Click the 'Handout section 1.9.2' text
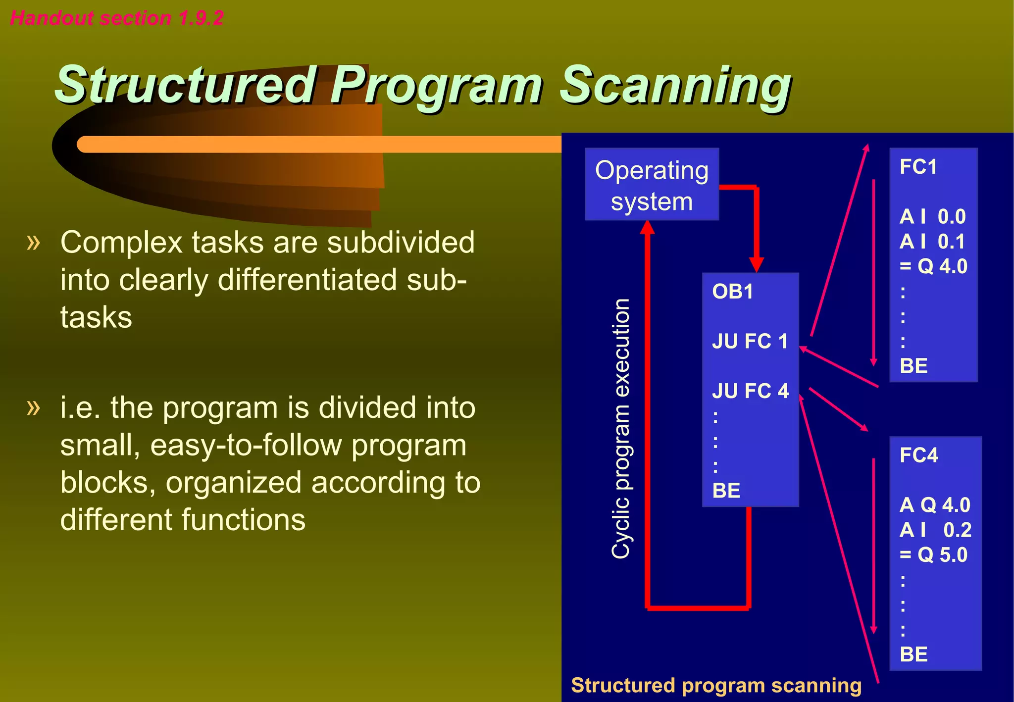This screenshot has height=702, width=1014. (x=117, y=18)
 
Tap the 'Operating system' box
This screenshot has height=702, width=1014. (x=651, y=185)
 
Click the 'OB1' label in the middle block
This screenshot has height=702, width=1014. (x=732, y=292)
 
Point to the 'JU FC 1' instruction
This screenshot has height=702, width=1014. (x=750, y=341)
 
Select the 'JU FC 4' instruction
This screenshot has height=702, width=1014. (x=750, y=391)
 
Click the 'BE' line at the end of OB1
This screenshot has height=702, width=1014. (x=726, y=491)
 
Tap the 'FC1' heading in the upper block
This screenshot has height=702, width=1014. (x=918, y=167)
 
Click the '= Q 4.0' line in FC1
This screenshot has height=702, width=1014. (x=933, y=266)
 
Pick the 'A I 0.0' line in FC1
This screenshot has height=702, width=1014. (x=932, y=217)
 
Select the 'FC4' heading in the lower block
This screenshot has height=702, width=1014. (x=918, y=455)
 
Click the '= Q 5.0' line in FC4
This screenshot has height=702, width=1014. (x=933, y=555)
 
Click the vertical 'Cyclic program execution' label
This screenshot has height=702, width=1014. (x=621, y=428)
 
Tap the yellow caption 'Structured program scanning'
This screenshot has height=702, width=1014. (x=716, y=686)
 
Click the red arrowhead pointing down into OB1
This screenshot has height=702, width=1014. (x=756, y=264)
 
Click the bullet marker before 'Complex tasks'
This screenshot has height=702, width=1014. (x=34, y=243)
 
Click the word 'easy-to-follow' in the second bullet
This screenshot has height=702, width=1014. (x=246, y=445)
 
